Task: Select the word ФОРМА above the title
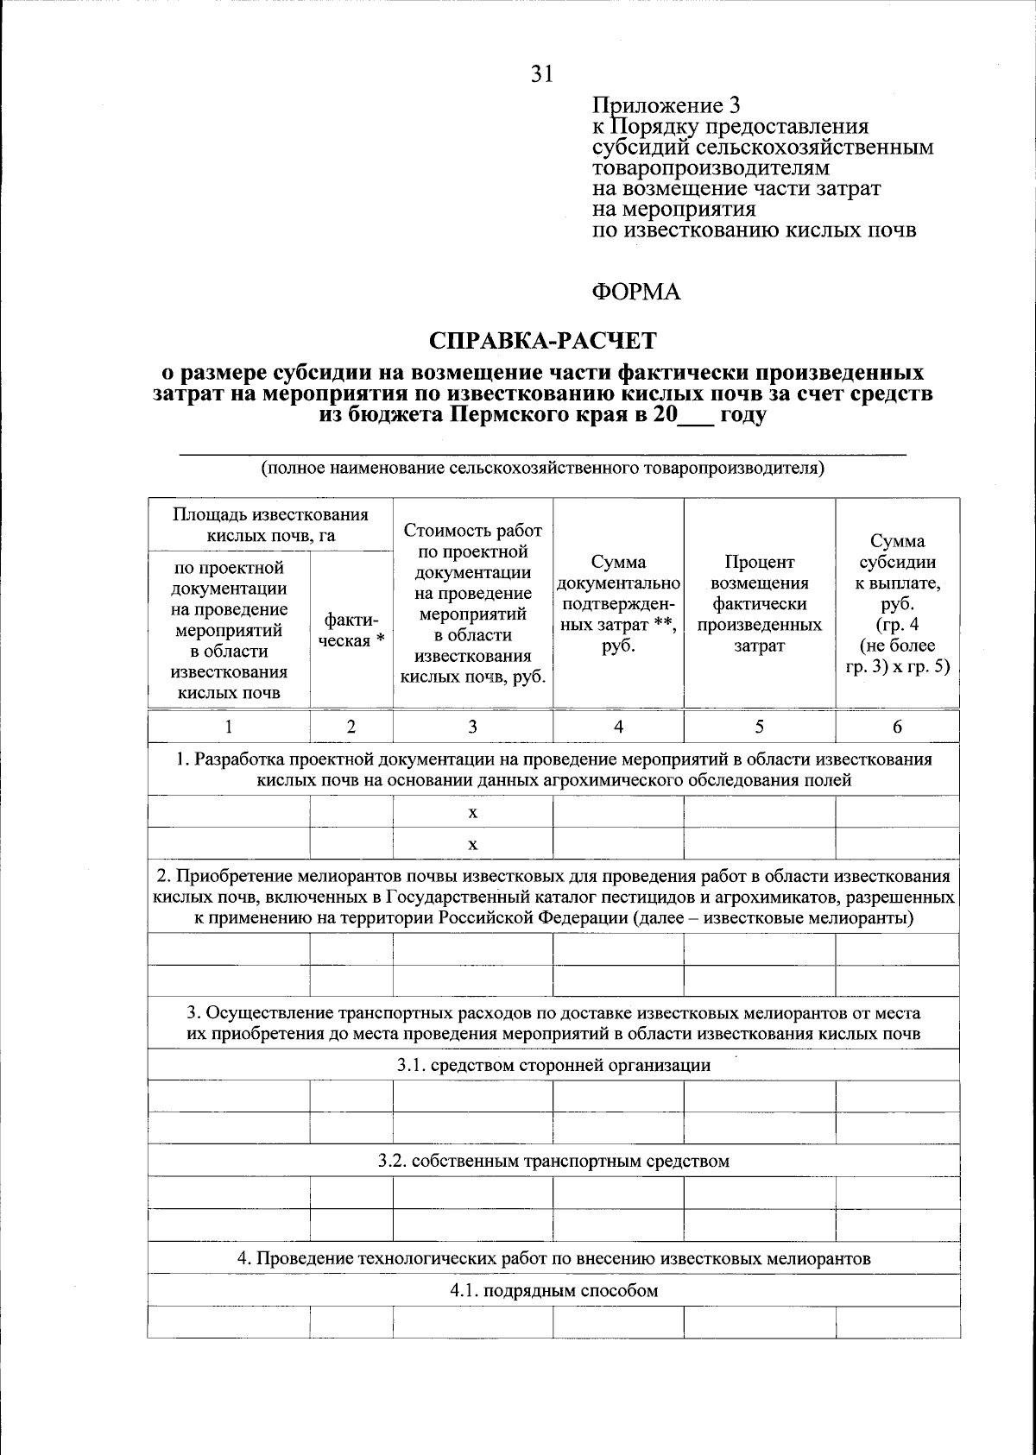tap(635, 293)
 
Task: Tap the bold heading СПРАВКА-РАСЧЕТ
tap(543, 341)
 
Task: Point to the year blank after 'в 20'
tap(691, 415)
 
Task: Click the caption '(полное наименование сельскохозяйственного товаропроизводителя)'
tap(543, 469)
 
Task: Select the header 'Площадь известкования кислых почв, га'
tap(270, 525)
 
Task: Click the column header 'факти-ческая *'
tap(351, 630)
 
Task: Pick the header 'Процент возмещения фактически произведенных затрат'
tap(759, 603)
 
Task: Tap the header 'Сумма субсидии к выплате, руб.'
tap(897, 603)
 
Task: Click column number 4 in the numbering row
tap(618, 727)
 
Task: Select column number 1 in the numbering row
tap(229, 727)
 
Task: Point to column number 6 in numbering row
tap(897, 727)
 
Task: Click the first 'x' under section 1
tap(472, 812)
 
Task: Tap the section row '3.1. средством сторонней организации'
tap(553, 1065)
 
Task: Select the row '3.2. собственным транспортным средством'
tap(553, 1161)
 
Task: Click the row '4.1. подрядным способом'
tap(553, 1291)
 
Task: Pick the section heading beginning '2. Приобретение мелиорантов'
tap(553, 897)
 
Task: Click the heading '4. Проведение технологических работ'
tap(553, 1258)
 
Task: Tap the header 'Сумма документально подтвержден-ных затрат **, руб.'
tap(618, 603)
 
